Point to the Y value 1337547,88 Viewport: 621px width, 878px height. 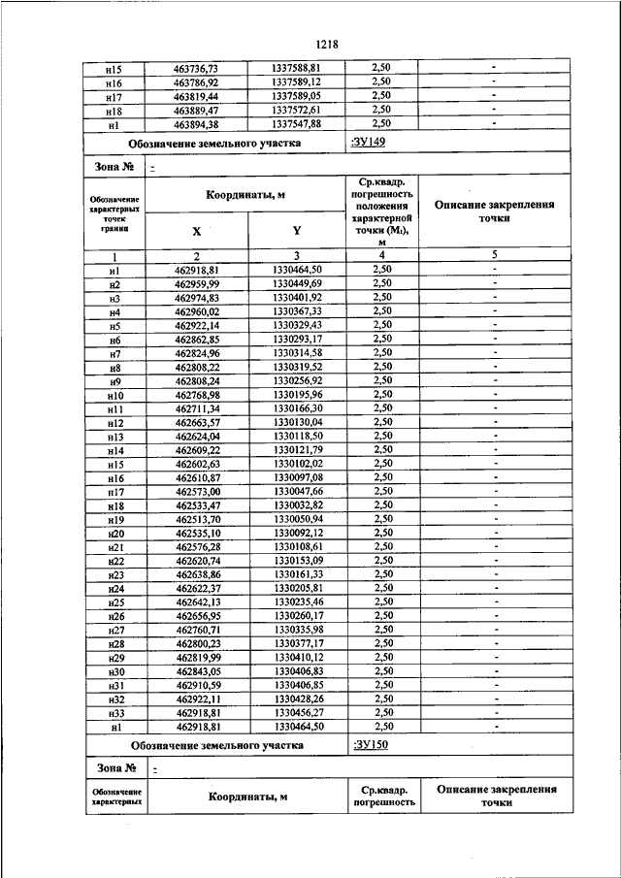(296, 124)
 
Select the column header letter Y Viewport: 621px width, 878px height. (296, 232)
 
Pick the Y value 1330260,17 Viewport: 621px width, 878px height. (296, 615)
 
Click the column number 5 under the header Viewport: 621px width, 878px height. (494, 255)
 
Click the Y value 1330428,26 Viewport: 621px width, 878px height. (296, 698)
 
